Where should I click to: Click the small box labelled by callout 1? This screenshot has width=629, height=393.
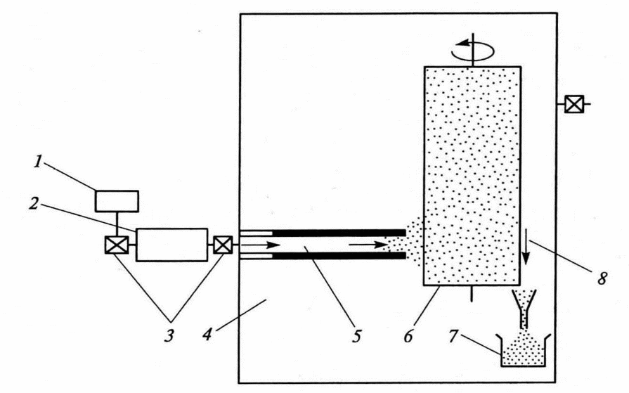click(x=117, y=200)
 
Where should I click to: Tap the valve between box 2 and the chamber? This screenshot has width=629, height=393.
click(x=222, y=245)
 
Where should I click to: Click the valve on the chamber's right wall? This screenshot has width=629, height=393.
click(x=573, y=105)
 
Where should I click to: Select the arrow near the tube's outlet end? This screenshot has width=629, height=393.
click(x=365, y=245)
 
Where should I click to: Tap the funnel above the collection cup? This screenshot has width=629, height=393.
click(x=524, y=305)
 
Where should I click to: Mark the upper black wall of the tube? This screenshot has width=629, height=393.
click(x=338, y=233)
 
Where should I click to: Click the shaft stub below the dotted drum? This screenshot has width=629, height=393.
click(x=472, y=292)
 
